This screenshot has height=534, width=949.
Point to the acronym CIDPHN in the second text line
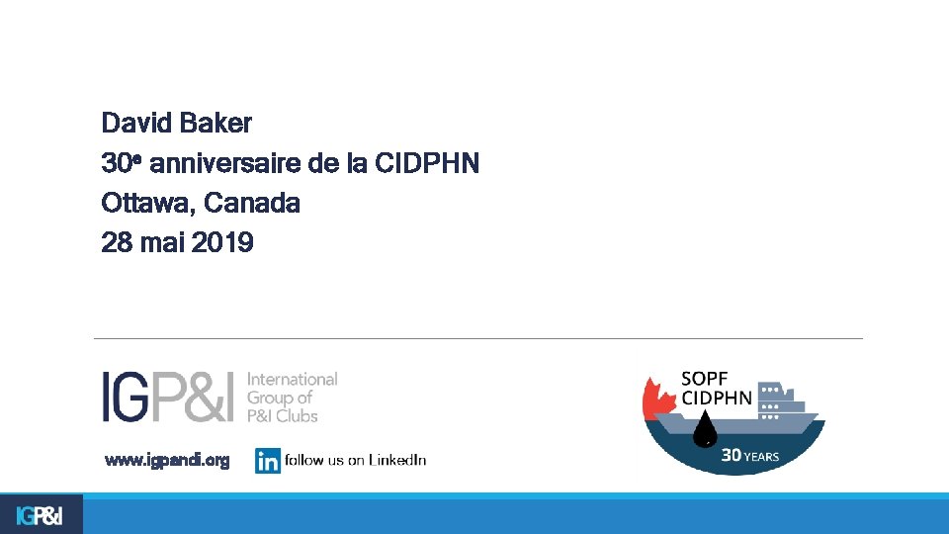[x=428, y=163]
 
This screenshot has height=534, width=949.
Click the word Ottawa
[x=148, y=204]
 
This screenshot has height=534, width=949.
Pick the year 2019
[x=222, y=242]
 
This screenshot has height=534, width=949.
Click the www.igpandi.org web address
[x=167, y=460]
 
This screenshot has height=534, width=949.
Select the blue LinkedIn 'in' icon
[x=267, y=461]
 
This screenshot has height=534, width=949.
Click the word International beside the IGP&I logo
[x=292, y=379]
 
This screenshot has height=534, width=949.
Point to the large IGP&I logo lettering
[x=169, y=397]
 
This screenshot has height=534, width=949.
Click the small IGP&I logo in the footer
[x=40, y=515]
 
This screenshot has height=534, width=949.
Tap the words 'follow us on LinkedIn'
[x=355, y=460]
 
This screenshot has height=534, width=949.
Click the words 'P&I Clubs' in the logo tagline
[x=282, y=416]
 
